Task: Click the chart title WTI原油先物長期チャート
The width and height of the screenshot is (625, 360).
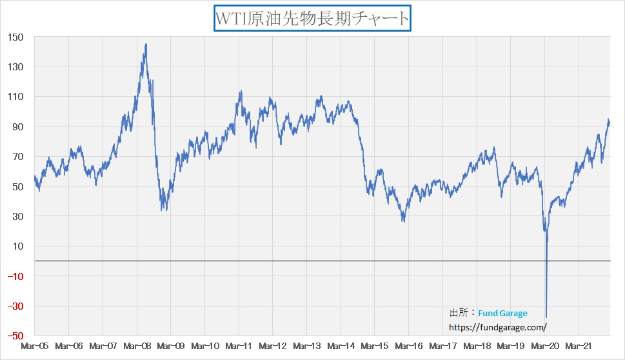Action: [312, 18]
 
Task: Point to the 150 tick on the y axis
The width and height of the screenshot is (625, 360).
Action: [15, 37]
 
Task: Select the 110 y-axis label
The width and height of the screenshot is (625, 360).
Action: [15, 97]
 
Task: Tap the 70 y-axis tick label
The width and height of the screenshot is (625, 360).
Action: [18, 157]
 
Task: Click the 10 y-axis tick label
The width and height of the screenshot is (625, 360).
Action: [18, 246]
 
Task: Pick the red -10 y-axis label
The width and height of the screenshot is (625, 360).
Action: [15, 276]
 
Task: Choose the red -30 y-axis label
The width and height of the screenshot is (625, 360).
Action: [15, 306]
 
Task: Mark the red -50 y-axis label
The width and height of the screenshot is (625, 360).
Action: [15, 336]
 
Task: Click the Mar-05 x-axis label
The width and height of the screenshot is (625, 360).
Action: [34, 346]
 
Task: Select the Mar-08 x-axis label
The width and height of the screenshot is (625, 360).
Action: [137, 346]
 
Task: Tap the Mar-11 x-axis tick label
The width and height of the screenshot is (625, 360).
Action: [239, 346]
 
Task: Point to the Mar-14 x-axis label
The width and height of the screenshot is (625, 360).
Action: [341, 346]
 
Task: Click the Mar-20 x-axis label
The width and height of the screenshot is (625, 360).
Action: [545, 346]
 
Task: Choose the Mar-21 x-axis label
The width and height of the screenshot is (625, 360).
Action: [579, 346]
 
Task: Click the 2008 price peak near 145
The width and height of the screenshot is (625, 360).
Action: [146, 45]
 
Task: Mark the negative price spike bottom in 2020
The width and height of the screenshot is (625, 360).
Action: [546, 317]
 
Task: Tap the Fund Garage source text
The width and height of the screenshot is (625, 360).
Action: [502, 313]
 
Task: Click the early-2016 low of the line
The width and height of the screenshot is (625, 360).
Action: [404, 221]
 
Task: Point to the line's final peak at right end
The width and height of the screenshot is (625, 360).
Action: [608, 120]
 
